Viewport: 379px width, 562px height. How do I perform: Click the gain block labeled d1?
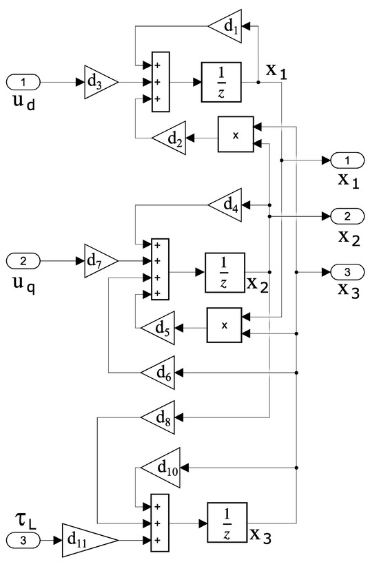point(226,26)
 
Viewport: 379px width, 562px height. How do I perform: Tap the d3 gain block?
point(101,83)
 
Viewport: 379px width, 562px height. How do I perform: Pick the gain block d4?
point(226,205)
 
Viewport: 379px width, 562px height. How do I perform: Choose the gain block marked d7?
point(101,261)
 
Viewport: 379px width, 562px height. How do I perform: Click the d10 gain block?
point(162,468)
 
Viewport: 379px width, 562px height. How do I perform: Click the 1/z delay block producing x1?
point(221,83)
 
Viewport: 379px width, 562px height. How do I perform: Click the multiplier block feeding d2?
point(235,135)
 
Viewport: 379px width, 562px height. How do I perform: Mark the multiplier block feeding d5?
point(225,325)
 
